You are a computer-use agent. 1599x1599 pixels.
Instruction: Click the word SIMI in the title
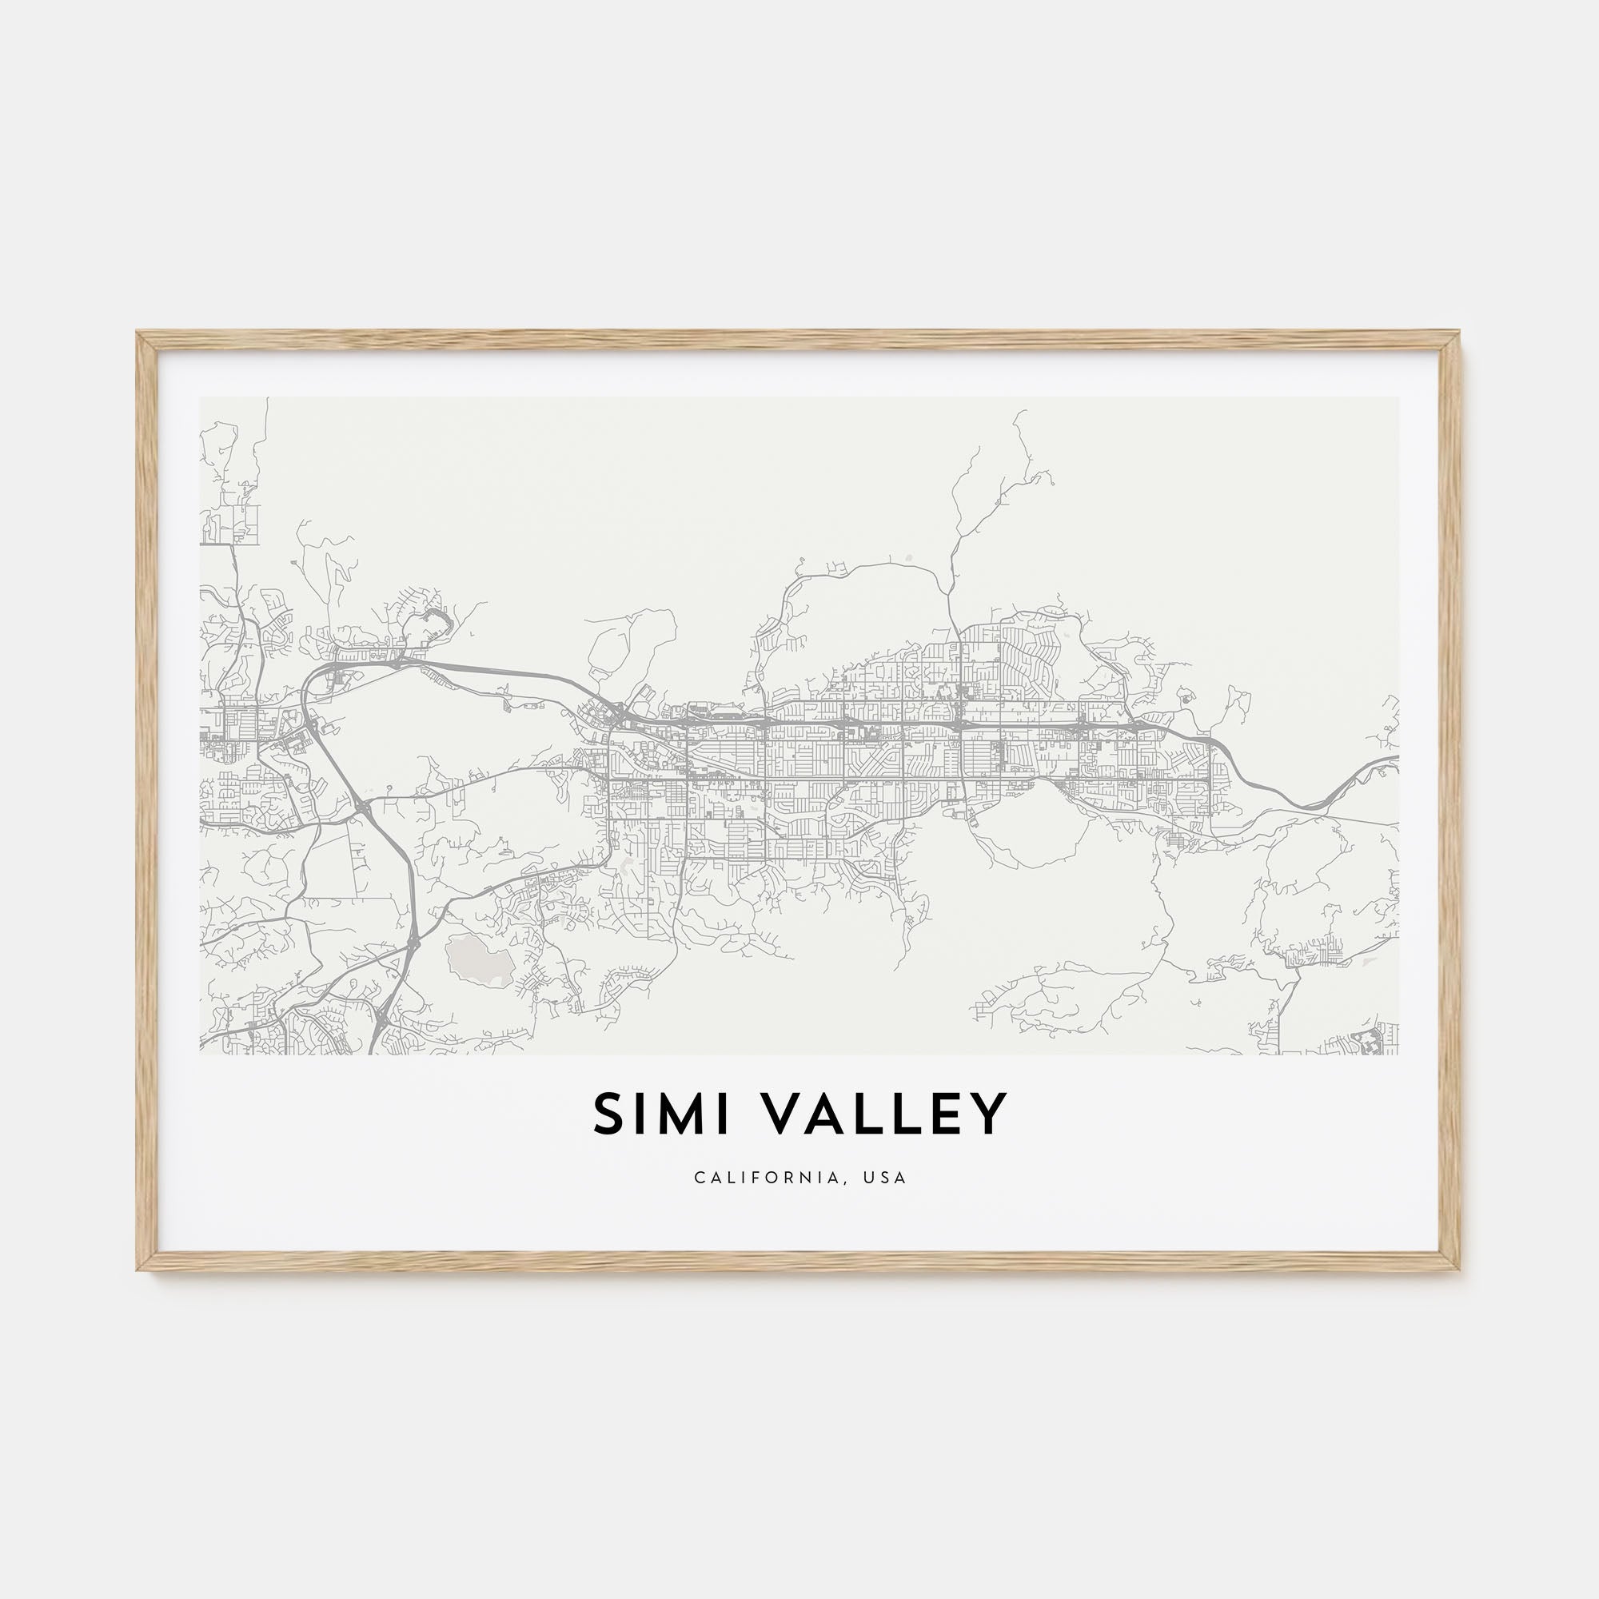661,1114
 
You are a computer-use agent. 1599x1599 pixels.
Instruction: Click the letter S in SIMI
608,1114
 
